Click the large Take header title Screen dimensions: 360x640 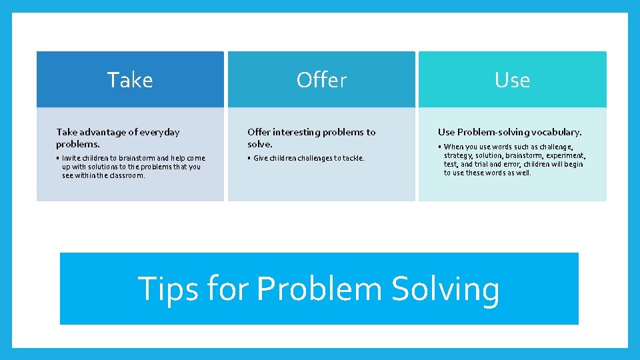[130, 80]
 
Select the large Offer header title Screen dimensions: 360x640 [321, 80]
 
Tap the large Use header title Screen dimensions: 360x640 [512, 80]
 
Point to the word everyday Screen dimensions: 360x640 [159, 133]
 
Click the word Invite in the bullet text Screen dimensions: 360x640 [73, 158]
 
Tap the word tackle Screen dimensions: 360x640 [353, 158]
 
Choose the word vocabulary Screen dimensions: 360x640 [555, 133]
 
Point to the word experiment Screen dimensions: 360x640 [565, 155]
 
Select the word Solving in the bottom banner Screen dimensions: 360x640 [445, 289]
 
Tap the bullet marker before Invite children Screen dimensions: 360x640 [58, 158]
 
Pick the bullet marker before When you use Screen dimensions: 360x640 [440, 147]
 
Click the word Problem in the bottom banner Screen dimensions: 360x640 [319, 289]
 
